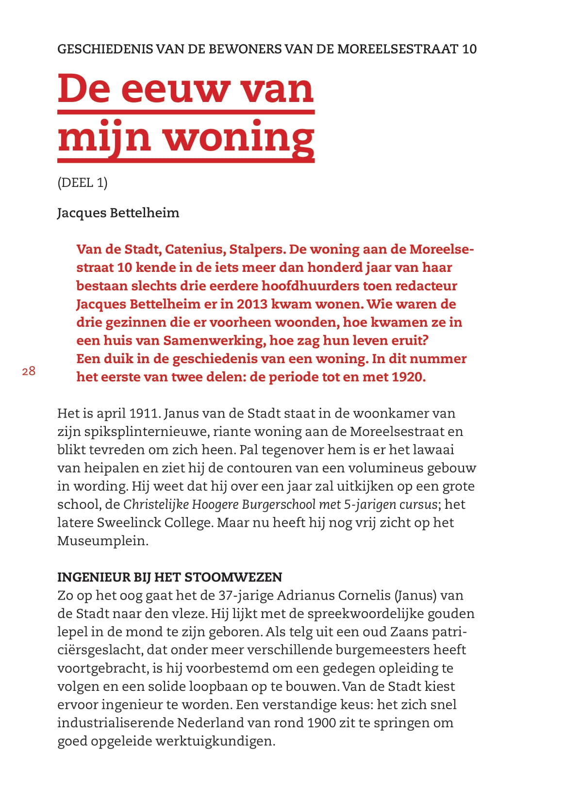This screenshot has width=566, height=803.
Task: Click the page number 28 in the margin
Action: [29, 371]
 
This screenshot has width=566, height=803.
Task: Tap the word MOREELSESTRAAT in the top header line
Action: [398, 49]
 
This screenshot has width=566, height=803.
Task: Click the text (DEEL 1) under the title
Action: [83, 183]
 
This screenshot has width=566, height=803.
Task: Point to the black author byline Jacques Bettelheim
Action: [118, 213]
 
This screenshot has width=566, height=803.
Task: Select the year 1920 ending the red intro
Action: [407, 377]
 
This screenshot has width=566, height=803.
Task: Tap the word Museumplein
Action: [102, 541]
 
